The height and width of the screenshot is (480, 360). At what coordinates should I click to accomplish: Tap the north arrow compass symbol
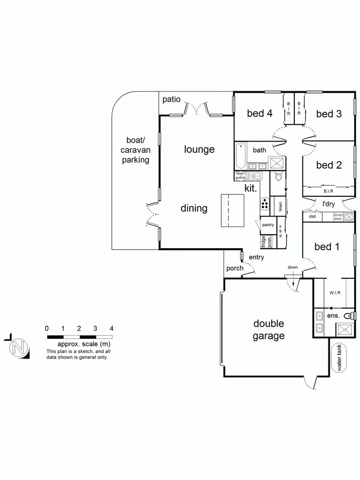(x=18, y=347)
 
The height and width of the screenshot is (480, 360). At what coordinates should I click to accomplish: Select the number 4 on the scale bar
(x=111, y=328)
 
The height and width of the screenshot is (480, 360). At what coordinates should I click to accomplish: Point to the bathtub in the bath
(x=240, y=156)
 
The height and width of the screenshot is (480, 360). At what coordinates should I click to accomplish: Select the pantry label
(x=267, y=225)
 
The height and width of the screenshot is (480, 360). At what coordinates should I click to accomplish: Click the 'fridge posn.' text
(x=264, y=241)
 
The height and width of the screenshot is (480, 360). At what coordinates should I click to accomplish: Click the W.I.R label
(x=335, y=292)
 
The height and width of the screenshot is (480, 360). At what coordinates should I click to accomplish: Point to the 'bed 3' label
(x=329, y=114)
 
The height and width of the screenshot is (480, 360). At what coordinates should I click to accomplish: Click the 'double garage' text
(x=269, y=330)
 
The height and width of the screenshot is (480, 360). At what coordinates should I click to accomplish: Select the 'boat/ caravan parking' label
(x=135, y=150)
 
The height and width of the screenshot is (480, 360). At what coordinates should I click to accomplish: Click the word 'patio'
(x=171, y=99)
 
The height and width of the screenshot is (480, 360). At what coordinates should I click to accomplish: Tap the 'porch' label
(x=235, y=268)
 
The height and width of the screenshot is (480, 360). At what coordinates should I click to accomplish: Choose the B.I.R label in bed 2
(x=328, y=191)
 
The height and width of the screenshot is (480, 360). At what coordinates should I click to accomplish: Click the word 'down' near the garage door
(x=293, y=267)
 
